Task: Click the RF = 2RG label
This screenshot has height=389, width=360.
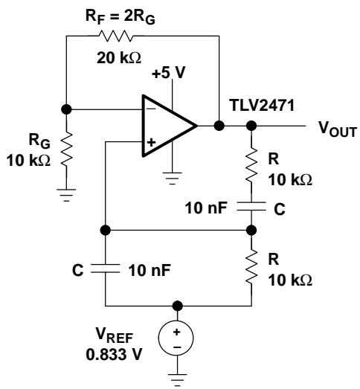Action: (x=120, y=17)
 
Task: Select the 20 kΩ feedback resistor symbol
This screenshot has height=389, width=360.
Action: (x=115, y=36)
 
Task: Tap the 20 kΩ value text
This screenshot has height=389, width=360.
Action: (x=119, y=58)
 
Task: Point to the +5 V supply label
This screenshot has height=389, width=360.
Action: (x=169, y=73)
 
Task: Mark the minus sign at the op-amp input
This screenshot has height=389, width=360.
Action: (x=152, y=109)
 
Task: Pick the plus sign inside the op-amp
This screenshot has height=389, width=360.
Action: (x=151, y=142)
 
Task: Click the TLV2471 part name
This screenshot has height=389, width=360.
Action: (x=263, y=105)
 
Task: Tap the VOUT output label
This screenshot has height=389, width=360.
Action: (x=338, y=129)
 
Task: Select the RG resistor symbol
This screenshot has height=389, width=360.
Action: (x=66, y=149)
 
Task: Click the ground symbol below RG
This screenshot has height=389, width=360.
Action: (x=66, y=195)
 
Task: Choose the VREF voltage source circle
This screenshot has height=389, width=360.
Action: (x=176, y=338)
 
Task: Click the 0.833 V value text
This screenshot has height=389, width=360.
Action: (x=114, y=355)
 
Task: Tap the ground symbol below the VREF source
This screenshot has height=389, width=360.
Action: (x=177, y=380)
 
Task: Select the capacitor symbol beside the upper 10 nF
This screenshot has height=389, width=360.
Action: (x=251, y=207)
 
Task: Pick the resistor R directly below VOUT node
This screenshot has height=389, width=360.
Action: (x=251, y=164)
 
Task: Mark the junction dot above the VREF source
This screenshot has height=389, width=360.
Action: (x=177, y=306)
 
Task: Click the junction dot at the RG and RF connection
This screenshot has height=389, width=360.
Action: (x=66, y=109)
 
